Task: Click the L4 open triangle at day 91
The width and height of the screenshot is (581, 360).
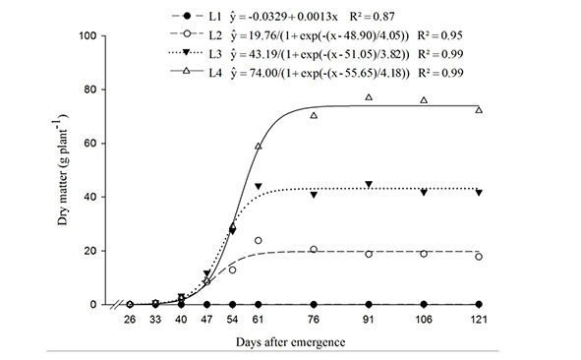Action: tap(369, 97)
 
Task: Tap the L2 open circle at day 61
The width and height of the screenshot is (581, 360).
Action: tap(259, 240)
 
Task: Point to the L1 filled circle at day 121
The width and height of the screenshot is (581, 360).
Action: tap(479, 304)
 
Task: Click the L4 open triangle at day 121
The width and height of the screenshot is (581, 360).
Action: tap(479, 110)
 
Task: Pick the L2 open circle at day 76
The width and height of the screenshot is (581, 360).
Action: tap(314, 250)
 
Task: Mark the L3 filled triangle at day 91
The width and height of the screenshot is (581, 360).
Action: tap(369, 185)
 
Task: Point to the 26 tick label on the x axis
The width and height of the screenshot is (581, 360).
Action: tap(130, 320)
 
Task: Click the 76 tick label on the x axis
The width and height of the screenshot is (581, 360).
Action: tap(314, 320)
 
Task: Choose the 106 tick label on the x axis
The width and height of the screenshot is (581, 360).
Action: tap(424, 320)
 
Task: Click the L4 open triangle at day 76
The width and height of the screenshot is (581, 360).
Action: tap(314, 115)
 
